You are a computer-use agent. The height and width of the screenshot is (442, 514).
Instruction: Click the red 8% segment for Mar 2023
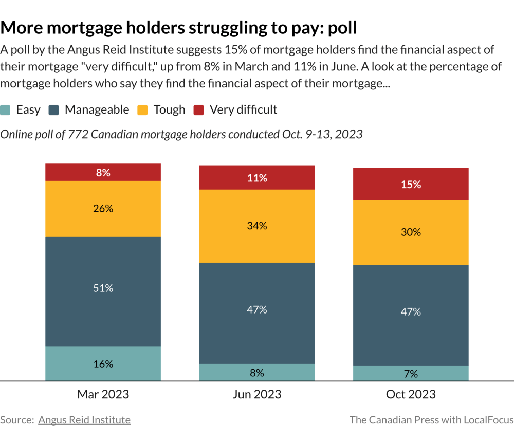103,172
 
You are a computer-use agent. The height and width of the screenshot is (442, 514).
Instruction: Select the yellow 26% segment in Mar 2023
103,209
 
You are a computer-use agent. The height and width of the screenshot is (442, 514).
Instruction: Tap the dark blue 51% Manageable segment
103,292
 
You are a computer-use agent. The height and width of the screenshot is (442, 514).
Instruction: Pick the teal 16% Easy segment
103,364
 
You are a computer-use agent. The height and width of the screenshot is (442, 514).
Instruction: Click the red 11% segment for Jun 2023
257,178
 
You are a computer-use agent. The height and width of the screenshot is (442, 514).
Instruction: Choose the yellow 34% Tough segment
257,226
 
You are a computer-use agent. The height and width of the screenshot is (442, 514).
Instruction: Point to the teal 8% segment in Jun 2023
257,373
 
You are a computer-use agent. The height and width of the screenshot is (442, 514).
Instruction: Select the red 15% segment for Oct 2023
411,185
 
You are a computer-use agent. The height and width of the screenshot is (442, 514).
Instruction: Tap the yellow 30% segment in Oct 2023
411,232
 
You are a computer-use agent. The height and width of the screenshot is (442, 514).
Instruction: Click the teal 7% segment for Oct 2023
411,374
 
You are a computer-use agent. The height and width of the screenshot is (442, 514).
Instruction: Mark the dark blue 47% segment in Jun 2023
257,313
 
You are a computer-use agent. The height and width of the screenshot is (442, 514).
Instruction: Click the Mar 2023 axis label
103,394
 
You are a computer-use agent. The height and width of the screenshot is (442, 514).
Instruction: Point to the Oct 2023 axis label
411,394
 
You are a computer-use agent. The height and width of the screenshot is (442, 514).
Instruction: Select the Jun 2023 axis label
257,394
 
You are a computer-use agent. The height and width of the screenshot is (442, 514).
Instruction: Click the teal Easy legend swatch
5,110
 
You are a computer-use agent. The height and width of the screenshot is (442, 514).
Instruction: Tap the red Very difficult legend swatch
198,110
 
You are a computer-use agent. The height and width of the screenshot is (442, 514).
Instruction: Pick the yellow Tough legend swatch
142,110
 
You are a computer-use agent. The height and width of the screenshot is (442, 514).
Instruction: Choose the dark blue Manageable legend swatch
54,110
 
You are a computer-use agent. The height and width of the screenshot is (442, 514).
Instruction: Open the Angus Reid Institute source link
84,420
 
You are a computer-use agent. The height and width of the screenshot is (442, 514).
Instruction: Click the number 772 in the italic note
78,135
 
